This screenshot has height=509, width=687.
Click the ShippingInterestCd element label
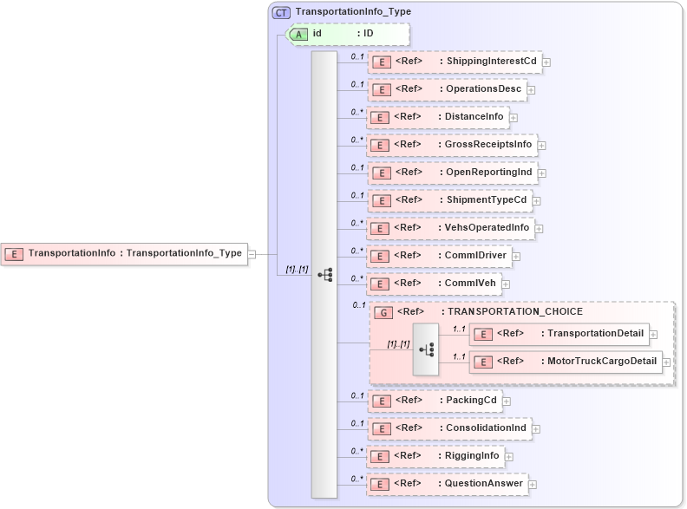[492, 61]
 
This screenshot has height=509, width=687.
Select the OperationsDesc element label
[484, 88]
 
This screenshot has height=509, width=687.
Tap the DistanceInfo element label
[474, 116]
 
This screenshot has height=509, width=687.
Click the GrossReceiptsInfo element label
[489, 144]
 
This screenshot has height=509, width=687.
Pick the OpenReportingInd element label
[489, 172]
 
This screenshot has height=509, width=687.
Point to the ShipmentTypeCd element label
[487, 199]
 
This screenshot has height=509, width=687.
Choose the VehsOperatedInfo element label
[487, 227]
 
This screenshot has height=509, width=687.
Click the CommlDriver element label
[476, 255]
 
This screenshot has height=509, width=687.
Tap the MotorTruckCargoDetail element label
[599, 361]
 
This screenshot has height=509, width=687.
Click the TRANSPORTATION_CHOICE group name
[515, 311]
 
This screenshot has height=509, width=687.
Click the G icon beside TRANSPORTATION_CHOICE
[383, 312]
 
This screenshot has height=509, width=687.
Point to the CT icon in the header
[281, 12]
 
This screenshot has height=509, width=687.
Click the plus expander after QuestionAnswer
[533, 484]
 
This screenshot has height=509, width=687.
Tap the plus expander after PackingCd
[507, 401]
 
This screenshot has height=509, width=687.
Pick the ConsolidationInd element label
[486, 428]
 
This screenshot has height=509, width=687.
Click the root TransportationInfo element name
[72, 253]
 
